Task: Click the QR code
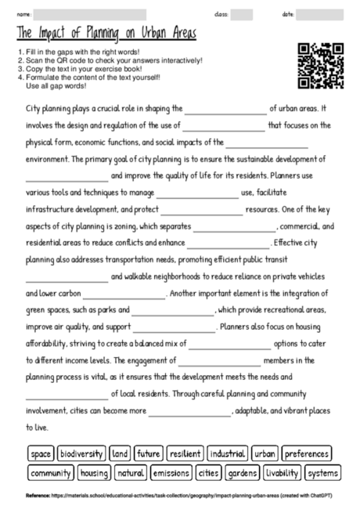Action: [x=322, y=66]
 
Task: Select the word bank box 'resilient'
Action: [x=185, y=453]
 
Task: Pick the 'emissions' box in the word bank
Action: [x=171, y=473]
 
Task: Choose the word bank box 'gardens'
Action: [x=241, y=473]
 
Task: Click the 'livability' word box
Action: [x=282, y=473]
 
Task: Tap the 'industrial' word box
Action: [x=228, y=453]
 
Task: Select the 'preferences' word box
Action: [x=307, y=453]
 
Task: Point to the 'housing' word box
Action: [x=94, y=473]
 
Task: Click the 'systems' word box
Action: [x=322, y=473]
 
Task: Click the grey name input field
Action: [x=90, y=14]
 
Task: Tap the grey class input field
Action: [x=242, y=14]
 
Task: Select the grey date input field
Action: [x=320, y=14]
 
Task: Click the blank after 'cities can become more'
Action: [x=189, y=411]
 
